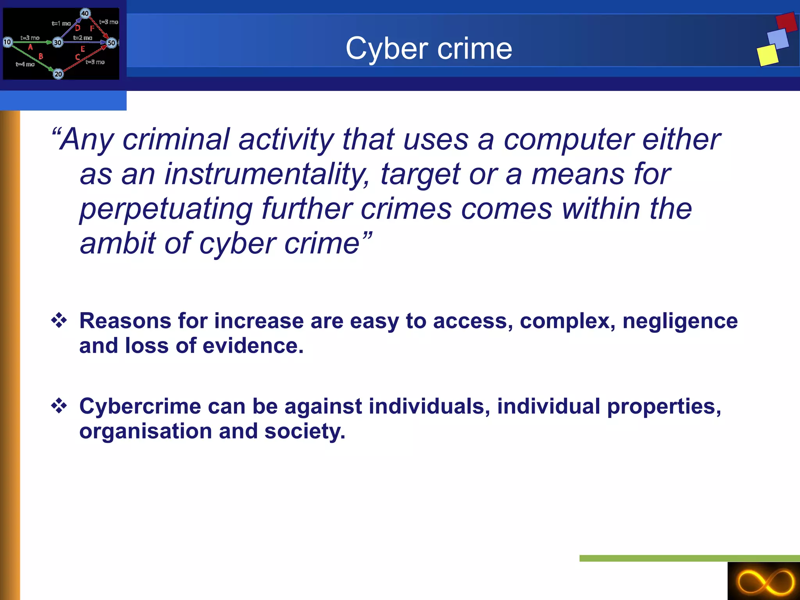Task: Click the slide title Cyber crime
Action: [429, 48]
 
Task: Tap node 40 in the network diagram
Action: [85, 13]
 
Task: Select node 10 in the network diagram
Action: [7, 42]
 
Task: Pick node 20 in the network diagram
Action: [58, 74]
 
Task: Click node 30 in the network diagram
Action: [58, 42]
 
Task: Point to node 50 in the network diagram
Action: [111, 43]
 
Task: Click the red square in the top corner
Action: [786, 22]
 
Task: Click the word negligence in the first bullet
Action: [680, 321]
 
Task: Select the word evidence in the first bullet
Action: [253, 346]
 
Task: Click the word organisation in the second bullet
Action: [145, 431]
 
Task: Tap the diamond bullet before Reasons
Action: [59, 320]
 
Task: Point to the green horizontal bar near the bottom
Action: [689, 558]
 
